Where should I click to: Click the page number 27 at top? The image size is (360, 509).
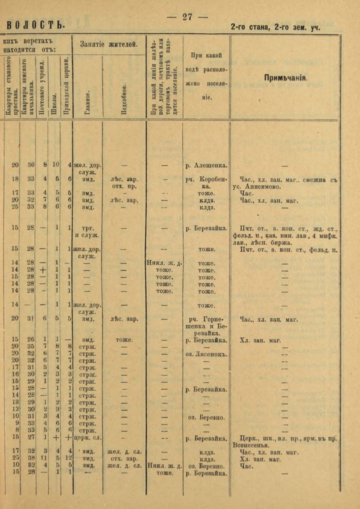coord(187,17)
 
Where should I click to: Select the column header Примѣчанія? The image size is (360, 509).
coord(285,78)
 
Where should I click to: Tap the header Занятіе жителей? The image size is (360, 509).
coord(109,44)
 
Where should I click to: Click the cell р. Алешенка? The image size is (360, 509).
coord(206,165)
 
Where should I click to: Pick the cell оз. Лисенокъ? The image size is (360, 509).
coord(206,354)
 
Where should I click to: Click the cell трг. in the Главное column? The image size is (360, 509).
coord(88,228)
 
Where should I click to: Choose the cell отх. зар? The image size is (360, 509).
coord(124,459)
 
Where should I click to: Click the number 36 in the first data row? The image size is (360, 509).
coord(31,165)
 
